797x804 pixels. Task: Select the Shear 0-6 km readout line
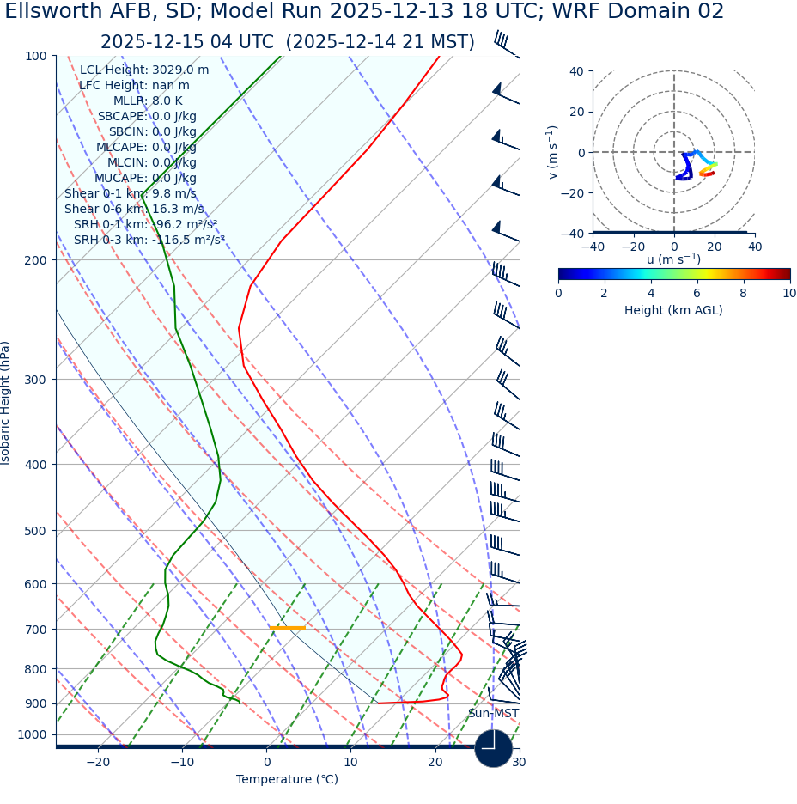134,209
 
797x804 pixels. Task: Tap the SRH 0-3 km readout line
149,240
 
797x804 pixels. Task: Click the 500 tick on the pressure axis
35,531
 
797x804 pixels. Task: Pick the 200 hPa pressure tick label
35,259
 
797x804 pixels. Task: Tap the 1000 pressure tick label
32,734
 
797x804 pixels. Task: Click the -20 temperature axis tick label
98,763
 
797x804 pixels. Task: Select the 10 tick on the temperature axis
350,763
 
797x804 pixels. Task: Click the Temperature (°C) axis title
287,780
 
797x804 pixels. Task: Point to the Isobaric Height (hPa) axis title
6,403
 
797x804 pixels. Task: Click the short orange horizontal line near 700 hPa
287,628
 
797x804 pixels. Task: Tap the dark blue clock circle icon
493,748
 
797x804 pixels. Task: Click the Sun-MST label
493,714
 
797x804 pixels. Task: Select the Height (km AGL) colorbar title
673,310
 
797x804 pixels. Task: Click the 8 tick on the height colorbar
744,293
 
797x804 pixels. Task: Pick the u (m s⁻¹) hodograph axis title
673,259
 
